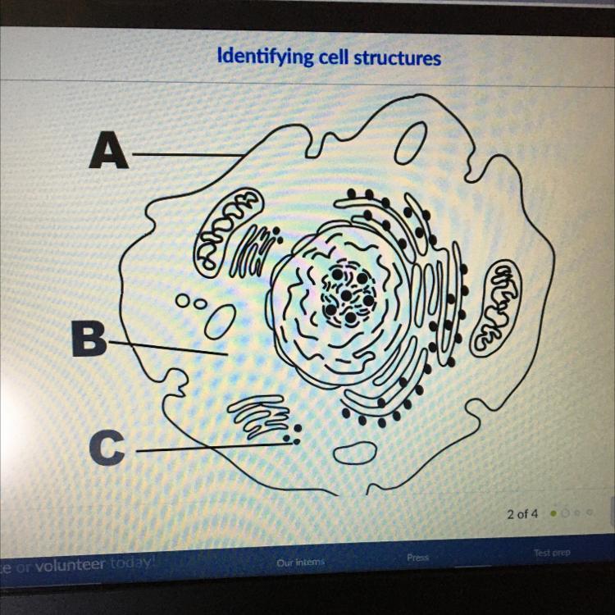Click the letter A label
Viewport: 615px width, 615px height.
pyautogui.click(x=110, y=150)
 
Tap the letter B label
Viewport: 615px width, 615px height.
pyautogui.click(x=88, y=339)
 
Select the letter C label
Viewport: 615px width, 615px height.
pyautogui.click(x=107, y=448)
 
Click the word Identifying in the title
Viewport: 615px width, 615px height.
pyautogui.click(x=260, y=57)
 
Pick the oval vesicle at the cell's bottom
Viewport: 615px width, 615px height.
pyautogui.click(x=355, y=452)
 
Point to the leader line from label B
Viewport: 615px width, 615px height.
pyautogui.click(x=168, y=348)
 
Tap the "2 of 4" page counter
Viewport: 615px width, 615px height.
pyautogui.click(x=522, y=514)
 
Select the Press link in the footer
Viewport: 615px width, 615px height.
pyautogui.click(x=417, y=557)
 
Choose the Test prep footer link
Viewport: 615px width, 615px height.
pyautogui.click(x=552, y=553)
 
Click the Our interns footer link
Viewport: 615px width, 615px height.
pyautogui.click(x=301, y=562)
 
